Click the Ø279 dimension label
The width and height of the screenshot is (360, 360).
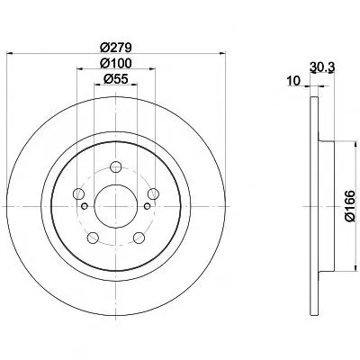pyautogui.click(x=115, y=48)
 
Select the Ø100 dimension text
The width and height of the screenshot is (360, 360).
pyautogui.click(x=115, y=63)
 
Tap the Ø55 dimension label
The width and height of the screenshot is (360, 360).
pyautogui.click(x=116, y=79)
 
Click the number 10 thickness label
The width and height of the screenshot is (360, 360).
pyautogui.click(x=293, y=81)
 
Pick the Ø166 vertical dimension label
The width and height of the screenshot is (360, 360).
pyautogui.click(x=350, y=206)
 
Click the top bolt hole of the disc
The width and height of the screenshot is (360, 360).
pyautogui.click(x=115, y=166)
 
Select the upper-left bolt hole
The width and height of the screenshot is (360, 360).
pyautogui.click(x=78, y=193)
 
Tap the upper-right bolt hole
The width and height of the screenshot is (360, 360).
pyautogui.click(x=153, y=193)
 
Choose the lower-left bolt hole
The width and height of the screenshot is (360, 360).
pyautogui.click(x=93, y=238)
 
